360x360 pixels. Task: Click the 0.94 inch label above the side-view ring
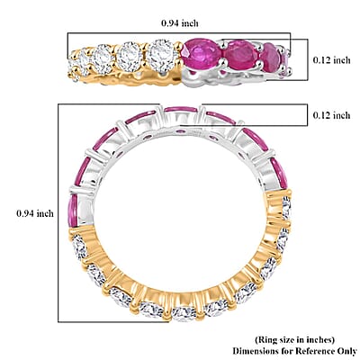[180, 23]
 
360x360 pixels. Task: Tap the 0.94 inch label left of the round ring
[35, 213]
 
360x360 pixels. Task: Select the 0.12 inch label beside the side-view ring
[331, 60]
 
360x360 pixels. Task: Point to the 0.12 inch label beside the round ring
[331, 115]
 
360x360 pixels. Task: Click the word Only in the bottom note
[348, 351]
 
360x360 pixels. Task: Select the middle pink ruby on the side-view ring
[242, 56]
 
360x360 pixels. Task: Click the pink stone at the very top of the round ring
[181, 109]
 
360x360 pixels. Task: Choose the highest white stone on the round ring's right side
[286, 207]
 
